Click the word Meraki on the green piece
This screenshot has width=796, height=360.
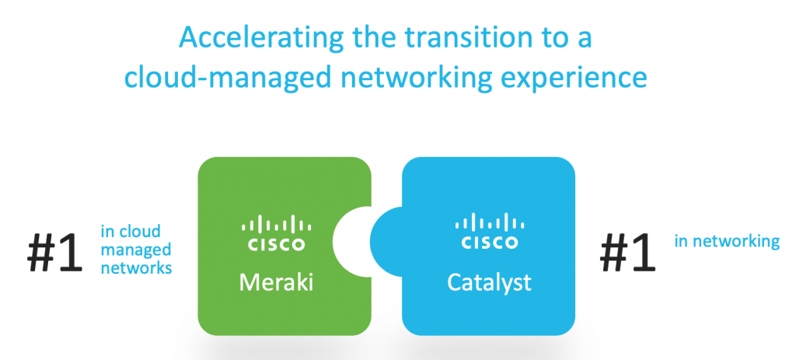pyautogui.click(x=276, y=282)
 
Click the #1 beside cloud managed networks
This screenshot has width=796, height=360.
pyautogui.click(x=55, y=253)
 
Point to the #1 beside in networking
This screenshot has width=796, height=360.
pyautogui.click(x=629, y=253)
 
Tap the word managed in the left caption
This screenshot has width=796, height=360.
pyautogui.click(x=135, y=250)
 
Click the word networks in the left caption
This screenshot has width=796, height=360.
pyautogui.click(x=136, y=267)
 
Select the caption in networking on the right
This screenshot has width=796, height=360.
pyautogui.click(x=726, y=241)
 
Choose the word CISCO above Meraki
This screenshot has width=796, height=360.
pyautogui.click(x=276, y=244)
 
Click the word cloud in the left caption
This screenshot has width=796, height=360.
pyautogui.click(x=141, y=232)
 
